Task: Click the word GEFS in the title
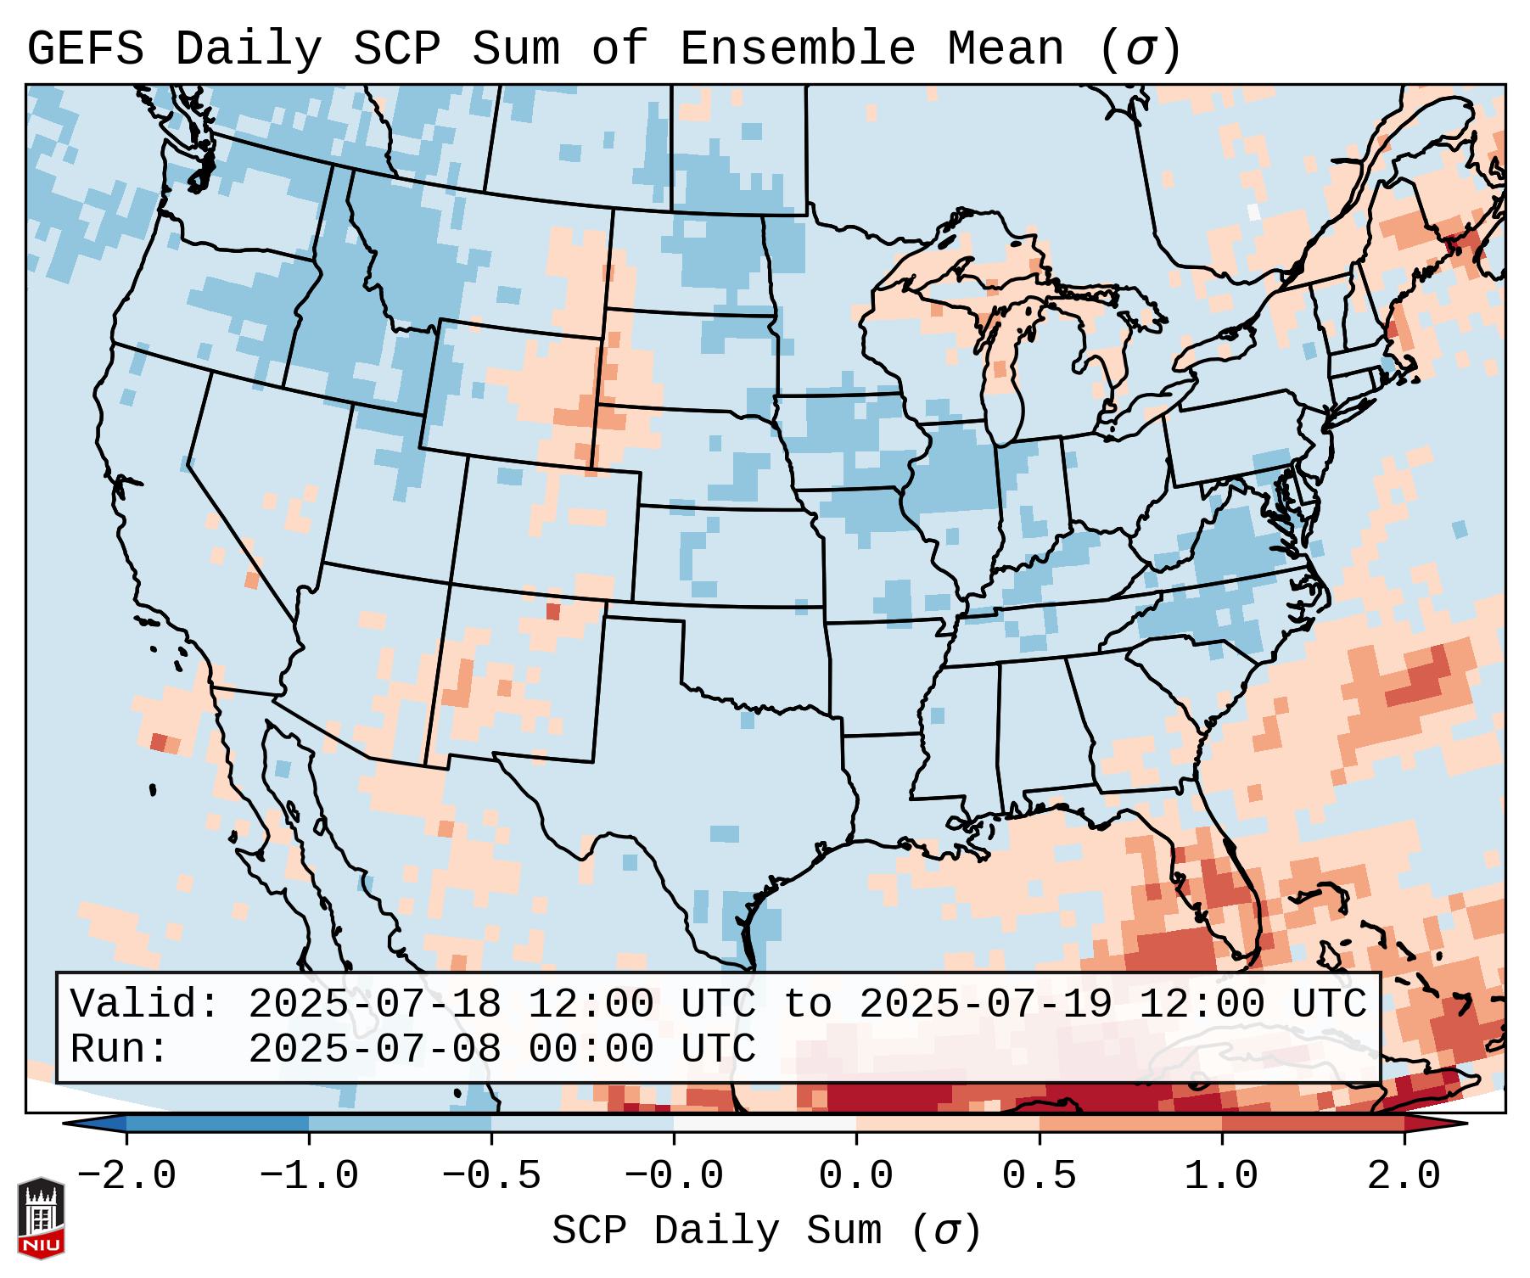point(85,49)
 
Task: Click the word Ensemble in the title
point(797,49)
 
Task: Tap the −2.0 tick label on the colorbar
point(126,1176)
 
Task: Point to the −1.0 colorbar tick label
point(309,1176)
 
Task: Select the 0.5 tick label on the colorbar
point(1039,1176)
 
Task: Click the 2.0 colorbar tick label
point(1404,1176)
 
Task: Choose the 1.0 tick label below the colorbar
point(1221,1176)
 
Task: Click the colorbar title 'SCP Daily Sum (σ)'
point(766,1231)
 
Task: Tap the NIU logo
point(42,1218)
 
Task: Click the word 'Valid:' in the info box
point(145,1004)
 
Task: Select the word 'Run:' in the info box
point(120,1049)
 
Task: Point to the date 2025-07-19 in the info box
point(985,1004)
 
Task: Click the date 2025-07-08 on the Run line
point(374,1049)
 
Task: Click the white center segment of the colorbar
point(765,1124)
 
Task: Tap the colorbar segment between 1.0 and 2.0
point(1313,1124)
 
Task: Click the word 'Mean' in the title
point(1005,49)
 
